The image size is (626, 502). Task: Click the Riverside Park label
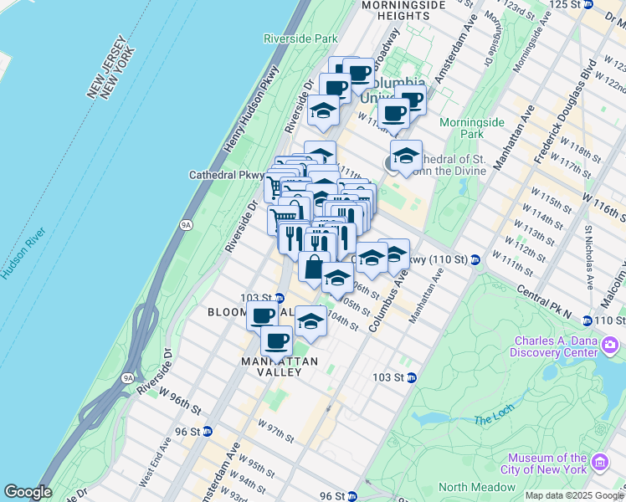pyautogui.click(x=300, y=38)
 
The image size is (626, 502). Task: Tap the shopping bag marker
pyautogui.click(x=313, y=268)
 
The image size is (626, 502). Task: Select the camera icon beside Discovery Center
pyautogui.click(x=610, y=345)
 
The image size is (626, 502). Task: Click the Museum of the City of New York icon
pyautogui.click(x=599, y=464)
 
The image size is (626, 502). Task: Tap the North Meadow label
pyautogui.click(x=476, y=487)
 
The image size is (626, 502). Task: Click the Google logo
pyautogui.click(x=28, y=492)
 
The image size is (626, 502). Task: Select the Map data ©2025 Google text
pyautogui.click(x=574, y=495)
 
